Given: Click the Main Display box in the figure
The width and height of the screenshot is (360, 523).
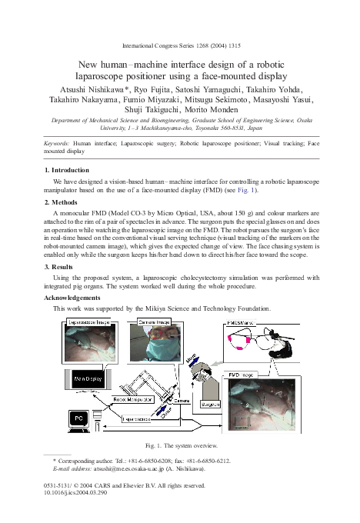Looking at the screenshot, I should click(x=89, y=379).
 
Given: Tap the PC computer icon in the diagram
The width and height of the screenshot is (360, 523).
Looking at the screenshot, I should click(x=78, y=418).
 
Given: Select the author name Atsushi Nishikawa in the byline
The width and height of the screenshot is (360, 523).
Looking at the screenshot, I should click(x=86, y=88).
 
